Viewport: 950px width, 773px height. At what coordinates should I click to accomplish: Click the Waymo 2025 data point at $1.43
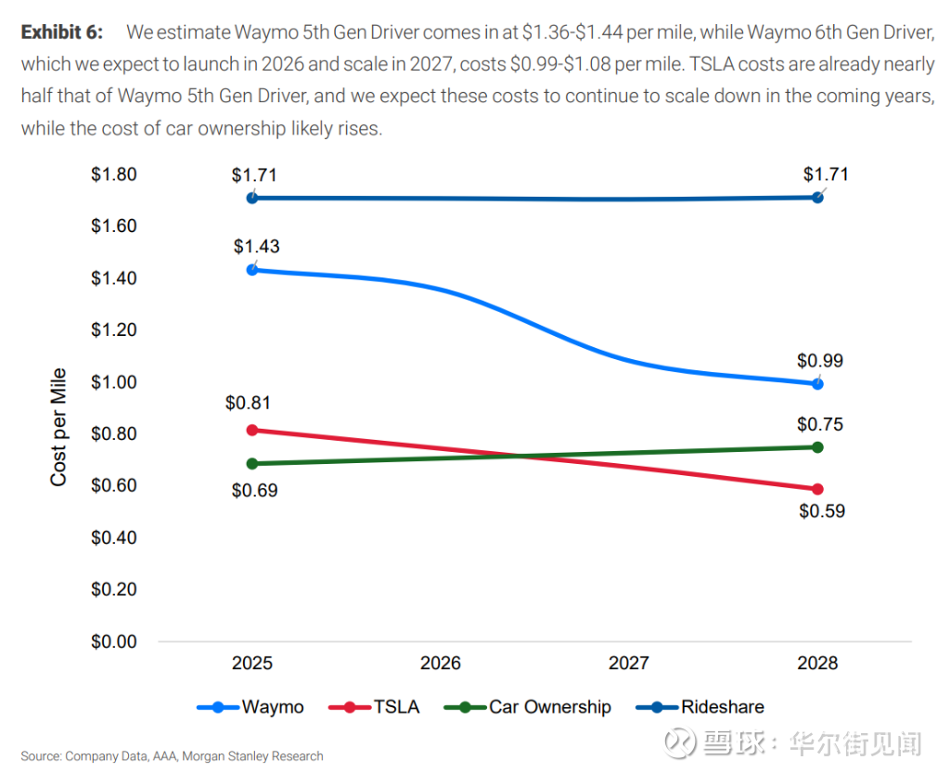pos(252,270)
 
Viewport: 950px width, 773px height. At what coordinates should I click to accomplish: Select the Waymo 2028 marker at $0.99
pos(817,383)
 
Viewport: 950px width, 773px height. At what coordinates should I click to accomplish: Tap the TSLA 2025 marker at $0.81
pos(252,431)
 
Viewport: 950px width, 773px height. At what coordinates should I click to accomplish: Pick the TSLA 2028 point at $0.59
pos(817,489)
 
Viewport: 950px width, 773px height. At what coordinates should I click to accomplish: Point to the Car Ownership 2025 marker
pos(252,463)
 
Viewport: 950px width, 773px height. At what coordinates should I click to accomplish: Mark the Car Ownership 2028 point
pos(817,447)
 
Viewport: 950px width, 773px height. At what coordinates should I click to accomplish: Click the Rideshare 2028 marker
pos(817,197)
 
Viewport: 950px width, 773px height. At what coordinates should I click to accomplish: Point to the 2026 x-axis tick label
pos(440,663)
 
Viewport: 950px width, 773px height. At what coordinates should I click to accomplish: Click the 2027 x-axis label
pos(628,663)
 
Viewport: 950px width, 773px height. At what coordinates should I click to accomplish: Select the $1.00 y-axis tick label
pos(113,382)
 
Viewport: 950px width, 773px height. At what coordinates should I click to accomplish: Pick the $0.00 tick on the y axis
pos(113,642)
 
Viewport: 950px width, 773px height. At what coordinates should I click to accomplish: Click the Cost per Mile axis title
pos(58,427)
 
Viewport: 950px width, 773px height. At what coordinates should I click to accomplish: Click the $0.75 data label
pos(820,425)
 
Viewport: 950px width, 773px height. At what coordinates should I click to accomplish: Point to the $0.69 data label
pos(254,490)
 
